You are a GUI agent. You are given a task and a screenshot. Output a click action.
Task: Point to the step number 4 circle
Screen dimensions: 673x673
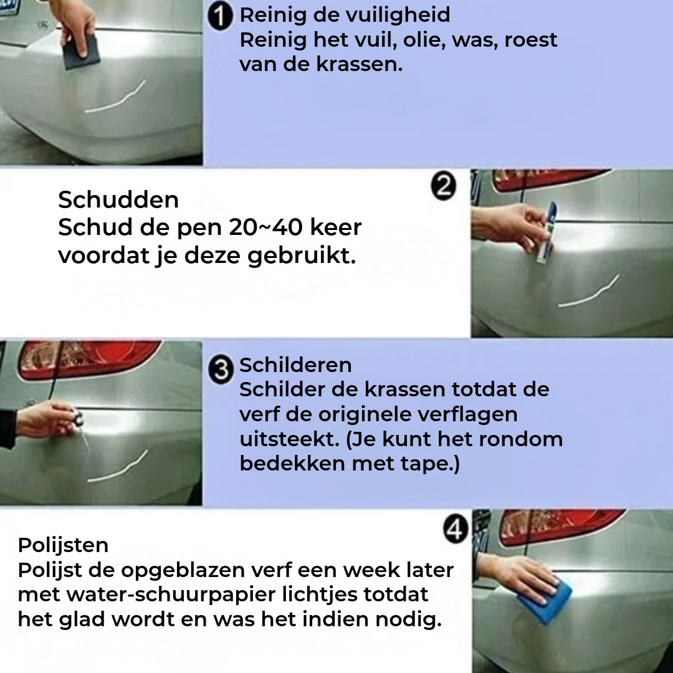(x=456, y=530)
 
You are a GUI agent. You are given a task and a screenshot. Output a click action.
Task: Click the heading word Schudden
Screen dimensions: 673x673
(x=118, y=200)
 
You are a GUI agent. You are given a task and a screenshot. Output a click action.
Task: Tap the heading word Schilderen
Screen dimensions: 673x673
(x=295, y=365)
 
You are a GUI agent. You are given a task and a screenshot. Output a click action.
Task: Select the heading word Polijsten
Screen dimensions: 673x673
(x=63, y=545)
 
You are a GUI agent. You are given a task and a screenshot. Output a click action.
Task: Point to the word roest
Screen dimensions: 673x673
(x=531, y=40)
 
